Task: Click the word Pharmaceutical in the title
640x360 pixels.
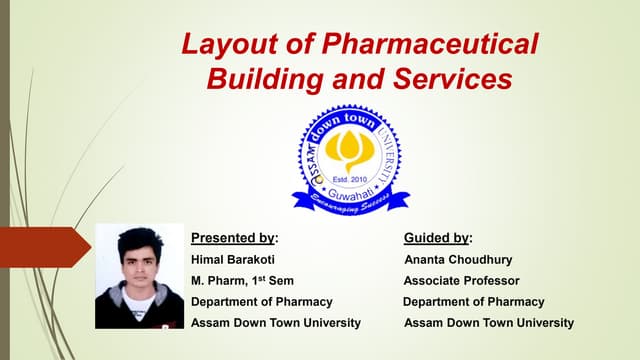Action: [x=430, y=43]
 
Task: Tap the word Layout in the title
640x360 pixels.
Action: [x=230, y=44]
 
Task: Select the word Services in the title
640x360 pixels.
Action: [x=453, y=79]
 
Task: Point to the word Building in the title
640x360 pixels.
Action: [x=264, y=80]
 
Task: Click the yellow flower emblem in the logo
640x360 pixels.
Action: [x=349, y=150]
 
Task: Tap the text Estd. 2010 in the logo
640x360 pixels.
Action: [x=350, y=179]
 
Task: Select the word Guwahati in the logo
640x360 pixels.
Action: [x=351, y=194]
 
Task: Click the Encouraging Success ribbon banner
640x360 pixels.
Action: [x=351, y=202]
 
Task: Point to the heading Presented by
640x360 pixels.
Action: [x=235, y=238]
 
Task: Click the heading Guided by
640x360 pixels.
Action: [x=438, y=238]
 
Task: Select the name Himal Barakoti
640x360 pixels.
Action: [x=233, y=260]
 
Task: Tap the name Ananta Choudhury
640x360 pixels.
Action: [x=458, y=260]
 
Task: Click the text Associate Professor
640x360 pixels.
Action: [x=461, y=281]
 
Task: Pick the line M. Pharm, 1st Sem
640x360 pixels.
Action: [x=242, y=280]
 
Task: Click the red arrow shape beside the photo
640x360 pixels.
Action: [x=45, y=247]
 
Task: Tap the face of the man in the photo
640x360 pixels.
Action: [x=139, y=266]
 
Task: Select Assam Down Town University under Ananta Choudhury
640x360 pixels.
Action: [x=489, y=323]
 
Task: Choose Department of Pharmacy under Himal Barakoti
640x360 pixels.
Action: [x=262, y=302]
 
